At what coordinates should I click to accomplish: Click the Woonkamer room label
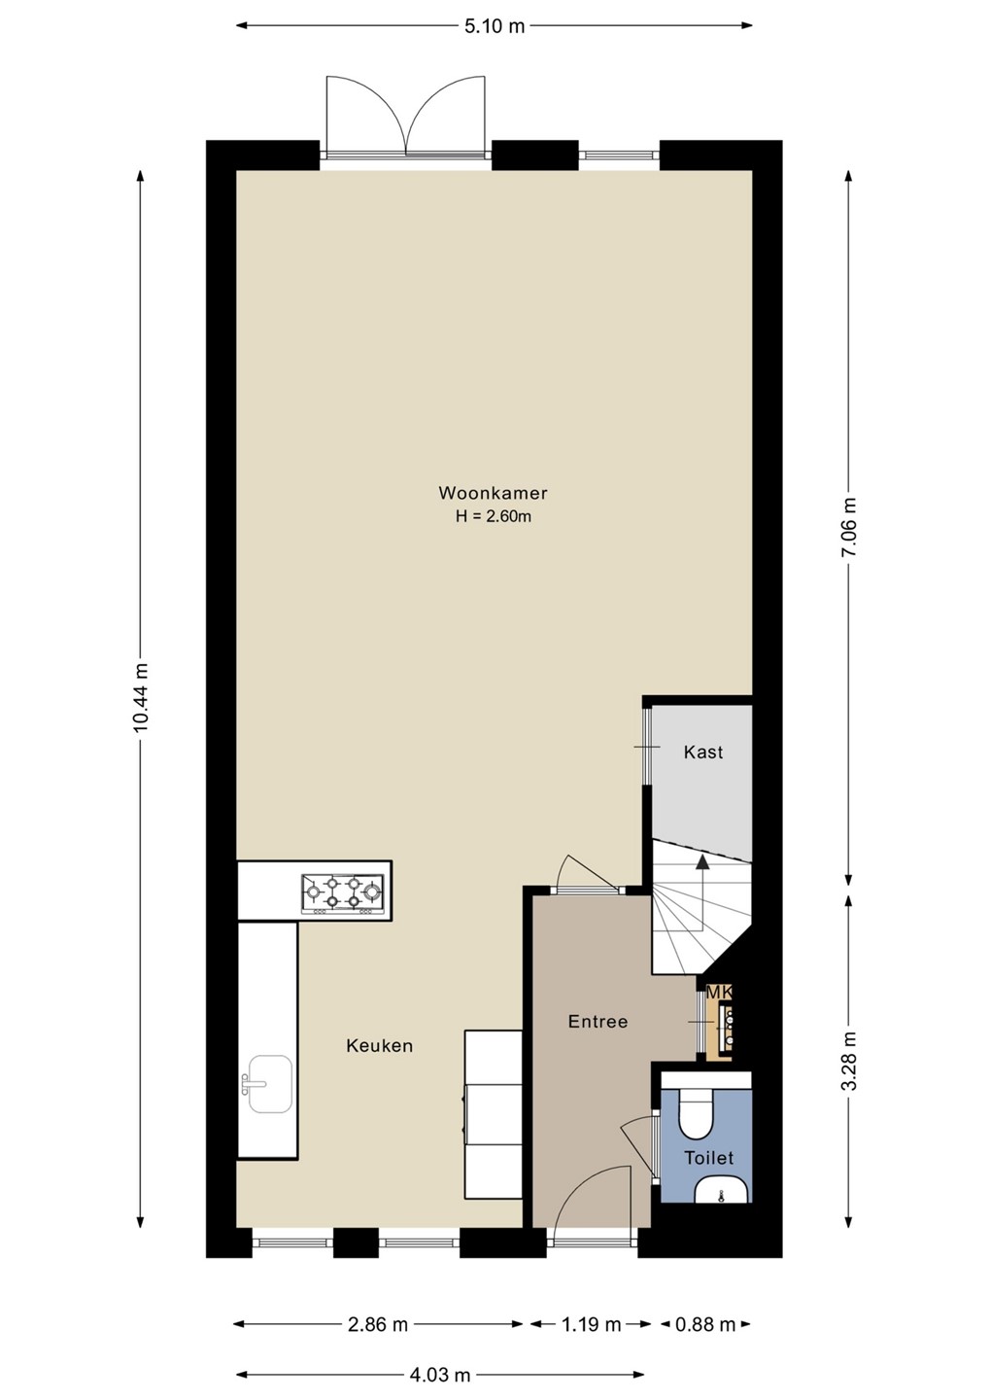pyautogui.click(x=493, y=493)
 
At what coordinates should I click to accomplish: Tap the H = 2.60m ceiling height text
pyautogui.click(x=494, y=517)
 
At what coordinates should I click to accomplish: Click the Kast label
pyautogui.click(x=703, y=752)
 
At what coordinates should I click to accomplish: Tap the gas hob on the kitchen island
pyautogui.click(x=342, y=894)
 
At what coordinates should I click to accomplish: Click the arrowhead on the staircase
pyautogui.click(x=703, y=863)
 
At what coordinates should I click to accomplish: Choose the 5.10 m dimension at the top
pyautogui.click(x=494, y=26)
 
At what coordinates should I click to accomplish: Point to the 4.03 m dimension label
pyautogui.click(x=440, y=1375)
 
